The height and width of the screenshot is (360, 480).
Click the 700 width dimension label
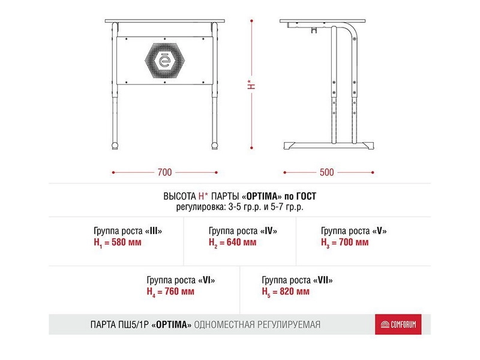point(164,172)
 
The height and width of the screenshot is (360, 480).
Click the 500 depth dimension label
point(326,172)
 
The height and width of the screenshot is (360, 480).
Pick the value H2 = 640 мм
point(232,243)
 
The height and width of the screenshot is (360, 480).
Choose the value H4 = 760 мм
point(170,292)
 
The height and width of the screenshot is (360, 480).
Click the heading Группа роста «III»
point(128,231)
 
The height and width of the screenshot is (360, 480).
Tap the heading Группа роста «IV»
point(243,231)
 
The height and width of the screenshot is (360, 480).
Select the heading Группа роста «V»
point(354,231)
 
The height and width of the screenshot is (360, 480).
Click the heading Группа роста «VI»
point(181,280)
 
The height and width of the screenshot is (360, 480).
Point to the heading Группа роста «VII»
point(297,280)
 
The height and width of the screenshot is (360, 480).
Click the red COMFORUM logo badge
point(394,325)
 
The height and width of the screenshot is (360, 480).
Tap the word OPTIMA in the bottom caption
point(172,325)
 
